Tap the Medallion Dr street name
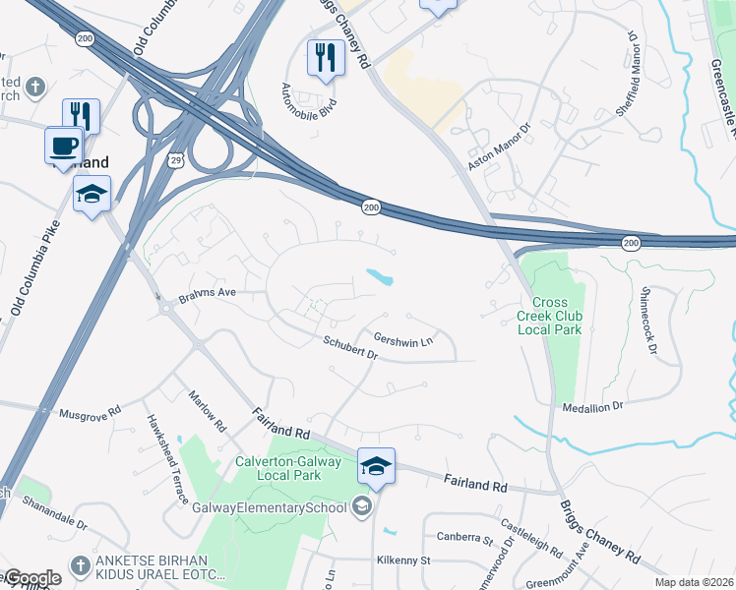point(592,406)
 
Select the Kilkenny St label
point(403,560)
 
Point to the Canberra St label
point(464,540)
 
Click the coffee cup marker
point(64,146)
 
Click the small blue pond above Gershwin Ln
point(380,277)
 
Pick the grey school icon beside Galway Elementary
point(361,506)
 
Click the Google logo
point(32,578)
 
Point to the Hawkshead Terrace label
point(166,458)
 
